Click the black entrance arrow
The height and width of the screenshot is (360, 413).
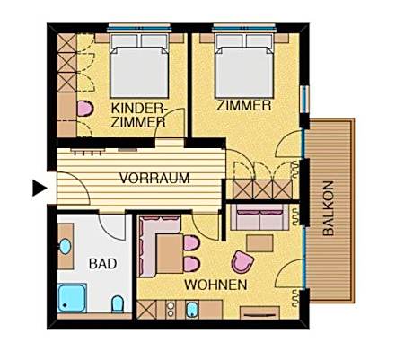(39, 188)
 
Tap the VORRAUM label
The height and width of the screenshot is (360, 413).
(154, 179)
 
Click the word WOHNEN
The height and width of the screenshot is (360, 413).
(215, 285)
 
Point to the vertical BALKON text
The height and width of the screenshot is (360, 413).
(329, 209)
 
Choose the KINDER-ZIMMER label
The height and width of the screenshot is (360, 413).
(137, 114)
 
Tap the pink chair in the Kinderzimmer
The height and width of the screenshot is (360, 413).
(85, 109)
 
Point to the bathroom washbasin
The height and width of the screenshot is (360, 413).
(66, 246)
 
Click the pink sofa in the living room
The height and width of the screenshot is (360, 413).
(260, 215)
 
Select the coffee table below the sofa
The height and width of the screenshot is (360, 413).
(260, 243)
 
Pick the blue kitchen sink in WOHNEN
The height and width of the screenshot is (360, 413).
(191, 311)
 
